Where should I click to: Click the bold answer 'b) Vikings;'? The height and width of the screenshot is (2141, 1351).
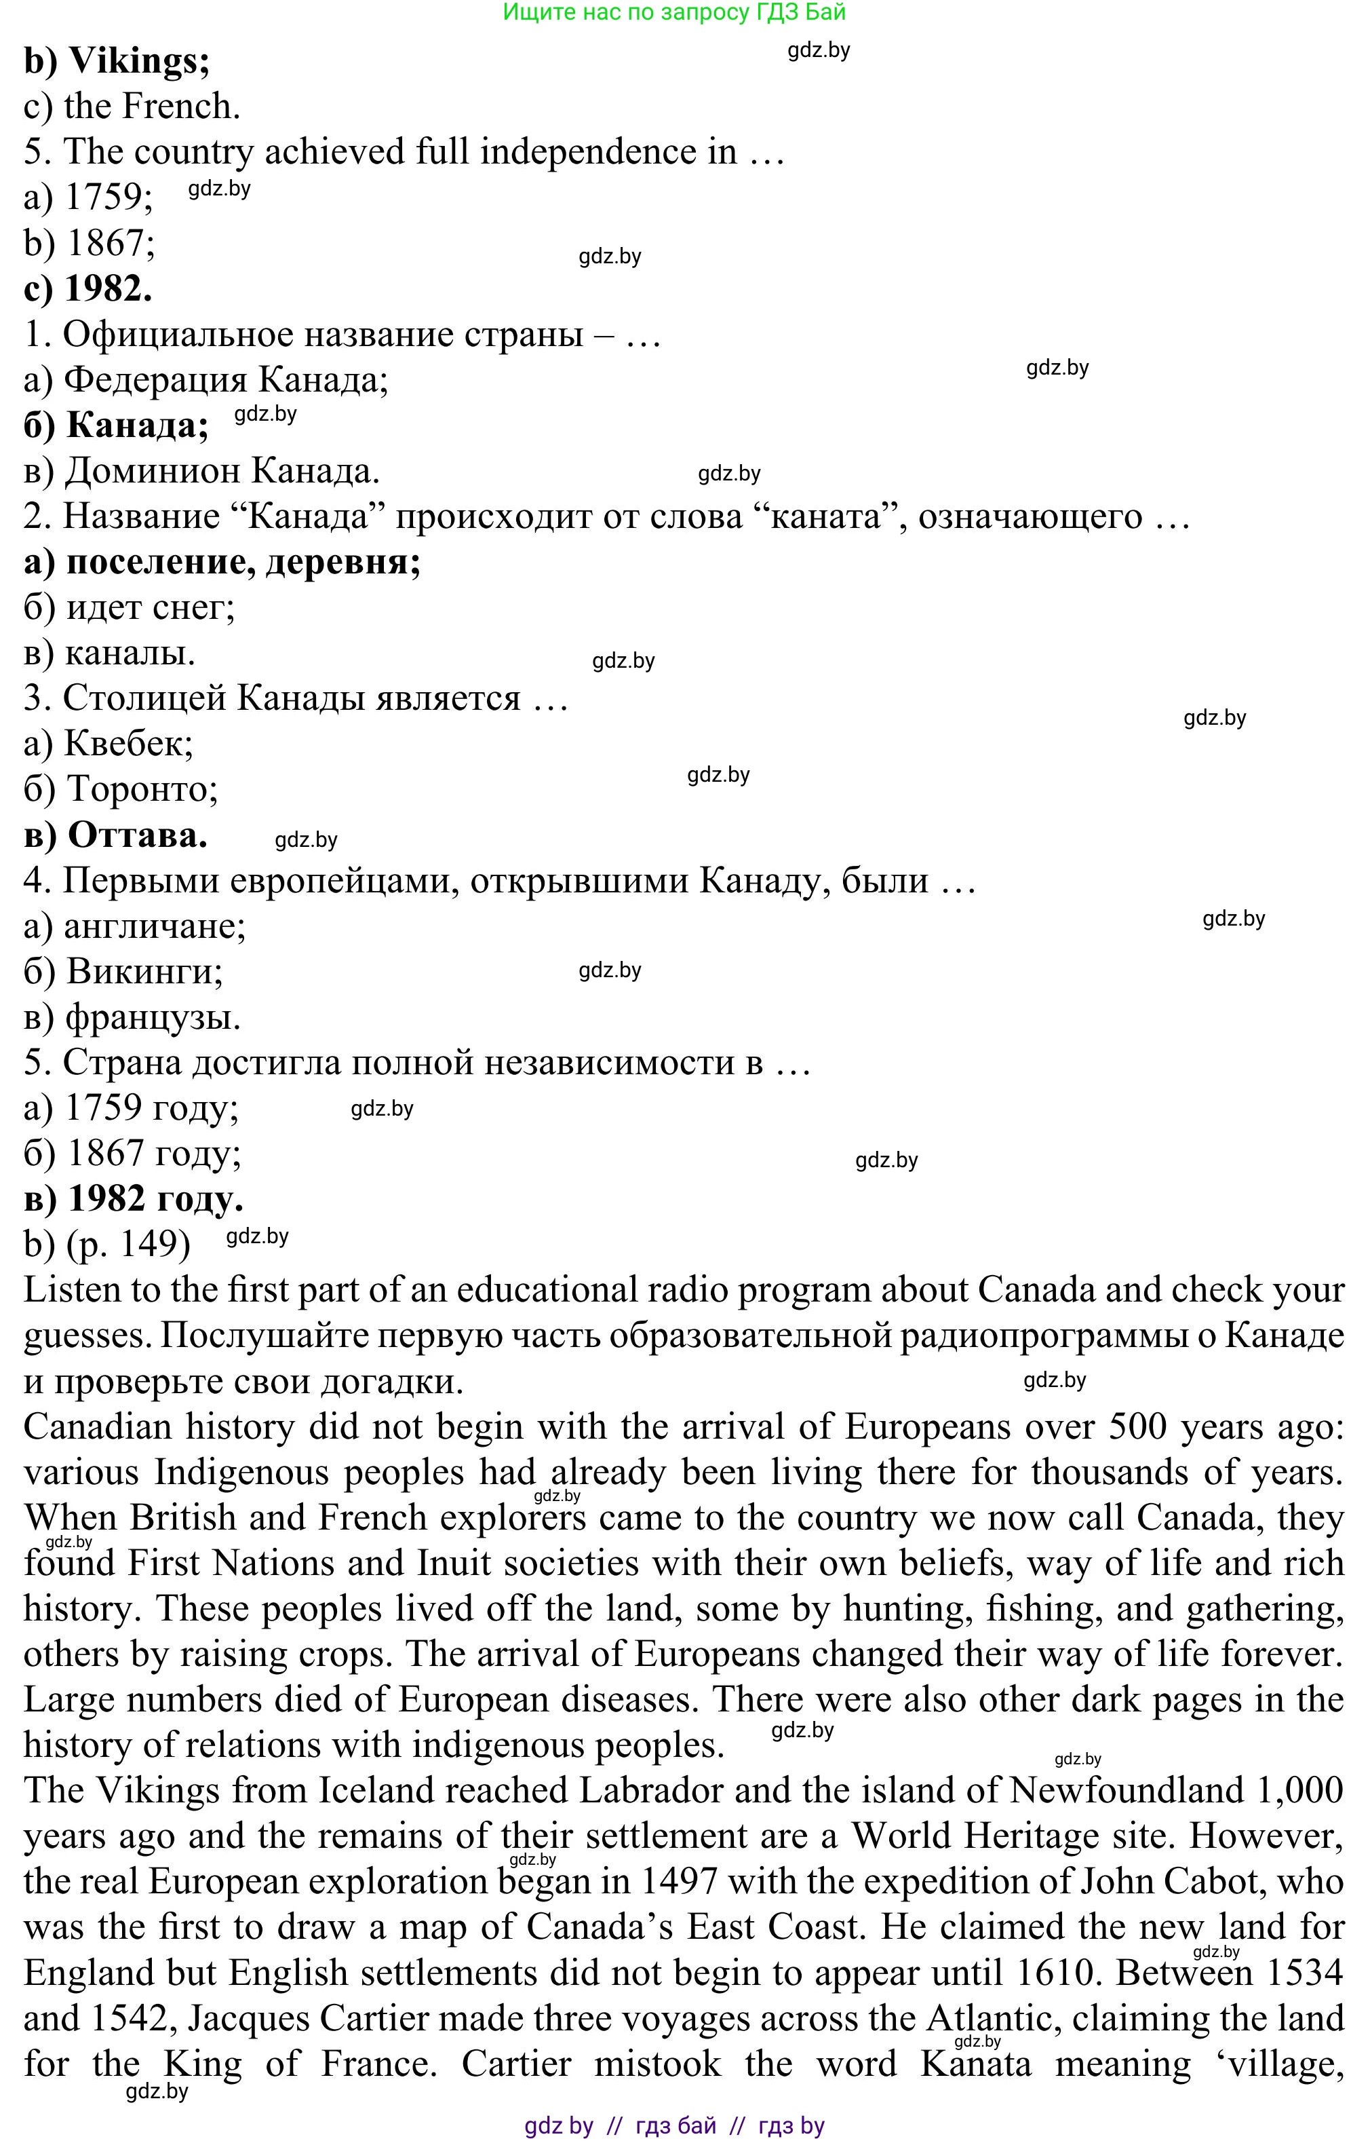(x=117, y=60)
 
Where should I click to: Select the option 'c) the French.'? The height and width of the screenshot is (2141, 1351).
(x=132, y=107)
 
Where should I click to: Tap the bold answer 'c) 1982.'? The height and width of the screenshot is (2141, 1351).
(x=88, y=288)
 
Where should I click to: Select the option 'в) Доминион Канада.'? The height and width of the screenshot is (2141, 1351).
(x=201, y=470)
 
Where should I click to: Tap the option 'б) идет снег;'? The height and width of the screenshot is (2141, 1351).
(x=129, y=607)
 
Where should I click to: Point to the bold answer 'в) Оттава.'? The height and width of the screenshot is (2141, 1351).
(x=115, y=835)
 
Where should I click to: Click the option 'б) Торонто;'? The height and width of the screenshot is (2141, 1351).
(x=121, y=789)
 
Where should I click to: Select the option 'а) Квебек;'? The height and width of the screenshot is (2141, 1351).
(x=109, y=743)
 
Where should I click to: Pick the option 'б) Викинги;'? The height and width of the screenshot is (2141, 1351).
(x=123, y=971)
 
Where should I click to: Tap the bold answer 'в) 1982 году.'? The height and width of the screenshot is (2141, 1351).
(x=134, y=1198)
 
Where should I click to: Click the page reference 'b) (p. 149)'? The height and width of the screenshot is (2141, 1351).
(x=106, y=1244)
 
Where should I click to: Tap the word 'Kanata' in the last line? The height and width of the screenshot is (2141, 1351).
(x=975, y=2064)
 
